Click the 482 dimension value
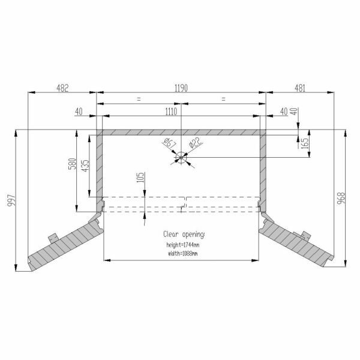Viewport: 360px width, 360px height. coord(62,88)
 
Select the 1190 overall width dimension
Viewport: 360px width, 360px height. coord(181,88)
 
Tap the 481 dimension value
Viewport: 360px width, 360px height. coord(300,88)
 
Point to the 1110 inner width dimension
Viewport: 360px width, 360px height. coord(171,112)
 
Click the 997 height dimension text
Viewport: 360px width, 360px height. coord(11,200)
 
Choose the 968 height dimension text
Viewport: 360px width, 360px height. coord(341,199)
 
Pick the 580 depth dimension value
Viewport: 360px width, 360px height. coord(72,164)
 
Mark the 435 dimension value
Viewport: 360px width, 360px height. coord(85,166)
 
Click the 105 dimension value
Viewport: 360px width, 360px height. coord(140,177)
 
